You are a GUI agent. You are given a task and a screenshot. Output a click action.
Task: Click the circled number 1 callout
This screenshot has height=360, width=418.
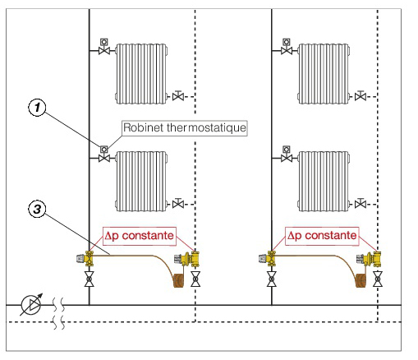pos(37,108)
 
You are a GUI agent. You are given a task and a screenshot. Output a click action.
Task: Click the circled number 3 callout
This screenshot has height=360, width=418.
pos(37,209)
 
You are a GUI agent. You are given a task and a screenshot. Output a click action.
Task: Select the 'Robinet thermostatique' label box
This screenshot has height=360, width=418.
pos(185,128)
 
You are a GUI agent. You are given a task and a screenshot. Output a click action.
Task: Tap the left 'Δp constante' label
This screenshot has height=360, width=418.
pos(140,236)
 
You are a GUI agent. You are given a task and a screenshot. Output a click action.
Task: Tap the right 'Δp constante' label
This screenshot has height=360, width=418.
pos(322,236)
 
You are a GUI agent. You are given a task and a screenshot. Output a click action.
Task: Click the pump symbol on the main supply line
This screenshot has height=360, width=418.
pos(31,305)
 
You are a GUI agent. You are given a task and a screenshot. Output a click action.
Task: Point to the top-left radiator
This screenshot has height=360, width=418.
pos(141,74)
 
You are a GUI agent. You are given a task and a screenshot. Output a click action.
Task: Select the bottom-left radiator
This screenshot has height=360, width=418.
pos(141,181)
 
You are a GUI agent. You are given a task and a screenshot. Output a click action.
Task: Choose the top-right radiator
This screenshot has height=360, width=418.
pos(324,74)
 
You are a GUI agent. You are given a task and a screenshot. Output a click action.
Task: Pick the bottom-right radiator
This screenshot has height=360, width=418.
pos(324,181)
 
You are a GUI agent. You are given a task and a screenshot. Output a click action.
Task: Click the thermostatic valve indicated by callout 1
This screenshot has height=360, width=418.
pos(104,155)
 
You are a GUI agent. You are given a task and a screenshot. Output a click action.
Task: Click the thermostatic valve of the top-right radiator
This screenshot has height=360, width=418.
pos(287,47)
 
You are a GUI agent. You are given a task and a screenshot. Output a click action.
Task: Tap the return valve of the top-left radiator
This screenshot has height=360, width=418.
pos(178,95)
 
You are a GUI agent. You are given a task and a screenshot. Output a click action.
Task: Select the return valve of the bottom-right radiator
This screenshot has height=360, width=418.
pos(361,203)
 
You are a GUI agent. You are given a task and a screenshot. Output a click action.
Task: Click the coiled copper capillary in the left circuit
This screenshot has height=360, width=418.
pos(179,280)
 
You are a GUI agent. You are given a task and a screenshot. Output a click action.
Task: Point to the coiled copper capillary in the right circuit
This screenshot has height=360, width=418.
pos(361,280)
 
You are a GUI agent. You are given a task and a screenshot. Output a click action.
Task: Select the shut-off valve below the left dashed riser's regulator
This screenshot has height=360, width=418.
pos(195,279)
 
